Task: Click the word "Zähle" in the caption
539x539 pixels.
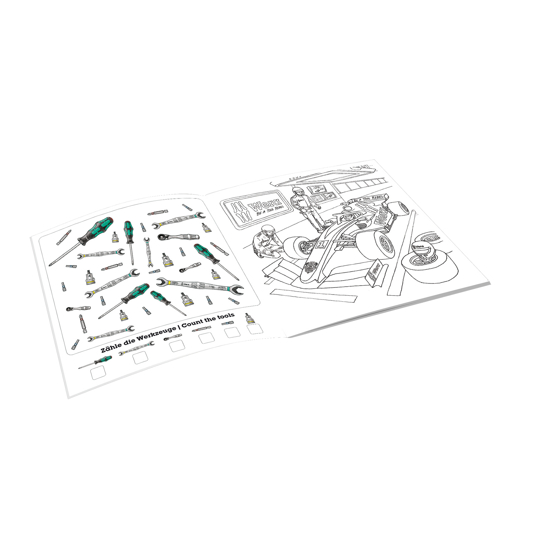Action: tap(110, 349)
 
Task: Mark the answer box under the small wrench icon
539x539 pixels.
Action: tap(140, 358)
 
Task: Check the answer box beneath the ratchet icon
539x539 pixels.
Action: tap(177, 346)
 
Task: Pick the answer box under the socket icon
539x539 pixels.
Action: tap(255, 328)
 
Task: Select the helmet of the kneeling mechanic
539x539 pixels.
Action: tap(266, 230)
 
